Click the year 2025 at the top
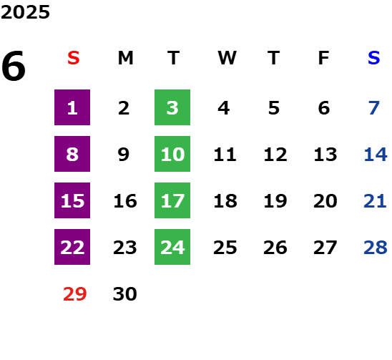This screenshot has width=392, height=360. coord(25,12)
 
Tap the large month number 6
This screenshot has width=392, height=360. coord(14,66)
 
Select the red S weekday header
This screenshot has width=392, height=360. coord(74,58)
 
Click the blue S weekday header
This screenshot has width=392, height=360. coord(374,58)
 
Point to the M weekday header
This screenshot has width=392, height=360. coord(125,58)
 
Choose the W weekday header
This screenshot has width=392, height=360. coord(227,58)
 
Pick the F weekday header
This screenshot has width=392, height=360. coord(324,58)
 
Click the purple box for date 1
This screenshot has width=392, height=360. coord(72,107)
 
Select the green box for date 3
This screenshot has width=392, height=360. coord(172,107)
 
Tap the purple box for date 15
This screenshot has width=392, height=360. coord(72,200)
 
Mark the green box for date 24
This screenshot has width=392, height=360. coord(172,247)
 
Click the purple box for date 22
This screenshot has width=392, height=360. coord(72,247)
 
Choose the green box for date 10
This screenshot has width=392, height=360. coord(172,154)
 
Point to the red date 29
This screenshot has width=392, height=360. coord(74,294)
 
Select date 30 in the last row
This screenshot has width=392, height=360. coord(125,294)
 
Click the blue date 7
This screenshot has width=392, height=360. coord(374,108)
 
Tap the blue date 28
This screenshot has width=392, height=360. coord(376,248)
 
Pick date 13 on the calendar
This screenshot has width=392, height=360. coord(325,155)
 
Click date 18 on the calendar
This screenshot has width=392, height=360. coord(225,201)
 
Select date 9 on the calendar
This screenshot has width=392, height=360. coord(124,155)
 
